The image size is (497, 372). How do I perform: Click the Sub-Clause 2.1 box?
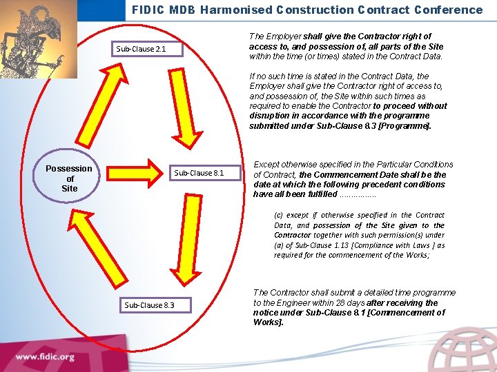(140, 49)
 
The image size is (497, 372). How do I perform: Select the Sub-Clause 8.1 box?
(199, 173)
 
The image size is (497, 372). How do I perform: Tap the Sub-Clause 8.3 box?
(148, 304)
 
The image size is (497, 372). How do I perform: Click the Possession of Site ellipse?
(69, 178)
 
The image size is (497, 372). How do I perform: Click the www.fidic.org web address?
(46, 357)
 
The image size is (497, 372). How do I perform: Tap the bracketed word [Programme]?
(408, 126)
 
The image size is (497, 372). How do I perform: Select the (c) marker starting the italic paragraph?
(279, 216)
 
